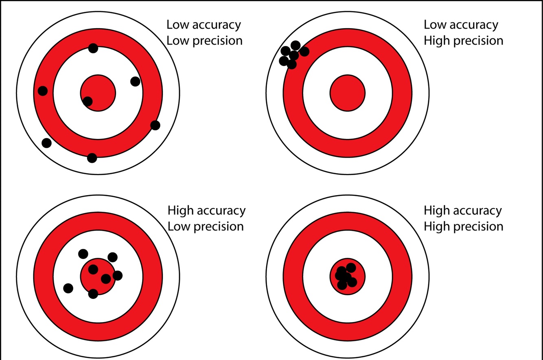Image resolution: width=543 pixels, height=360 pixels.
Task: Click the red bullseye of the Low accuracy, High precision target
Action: tap(347, 93)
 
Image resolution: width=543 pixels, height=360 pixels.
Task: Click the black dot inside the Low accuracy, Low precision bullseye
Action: tap(88, 101)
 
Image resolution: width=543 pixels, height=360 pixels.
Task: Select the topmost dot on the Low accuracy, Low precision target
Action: tap(93, 48)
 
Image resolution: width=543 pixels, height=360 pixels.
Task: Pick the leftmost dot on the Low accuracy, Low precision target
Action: tap(42, 91)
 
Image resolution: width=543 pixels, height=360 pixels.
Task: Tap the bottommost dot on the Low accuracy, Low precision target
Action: tap(92, 158)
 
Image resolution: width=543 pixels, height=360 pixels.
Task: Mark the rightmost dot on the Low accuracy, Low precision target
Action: tap(155, 125)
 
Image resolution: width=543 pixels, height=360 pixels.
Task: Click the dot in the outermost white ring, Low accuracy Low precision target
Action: tap(47, 143)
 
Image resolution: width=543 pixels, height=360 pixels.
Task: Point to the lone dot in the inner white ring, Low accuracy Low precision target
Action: tap(135, 81)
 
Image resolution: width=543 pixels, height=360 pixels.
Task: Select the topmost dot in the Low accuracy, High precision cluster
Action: tap(296, 45)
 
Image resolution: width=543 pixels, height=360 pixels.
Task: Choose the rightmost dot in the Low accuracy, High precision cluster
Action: tap(304, 52)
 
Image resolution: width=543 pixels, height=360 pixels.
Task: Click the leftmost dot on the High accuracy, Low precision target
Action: tap(68, 288)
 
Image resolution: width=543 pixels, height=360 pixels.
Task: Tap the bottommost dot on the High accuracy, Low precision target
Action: tap(93, 293)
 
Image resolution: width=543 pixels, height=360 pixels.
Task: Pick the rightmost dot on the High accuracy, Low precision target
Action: tap(118, 275)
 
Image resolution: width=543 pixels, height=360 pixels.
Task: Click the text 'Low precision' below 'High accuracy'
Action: tap(206, 226)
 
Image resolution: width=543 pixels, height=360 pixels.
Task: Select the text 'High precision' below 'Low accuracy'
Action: tap(463, 41)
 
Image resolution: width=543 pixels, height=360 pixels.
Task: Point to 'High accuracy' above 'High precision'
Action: tap(462, 211)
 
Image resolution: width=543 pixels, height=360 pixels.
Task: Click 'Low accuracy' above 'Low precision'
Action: tap(204, 24)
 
